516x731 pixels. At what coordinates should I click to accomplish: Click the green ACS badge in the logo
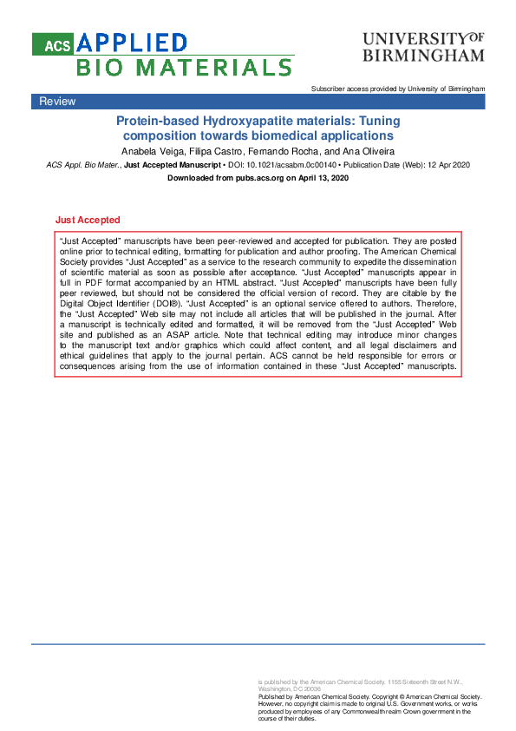53,43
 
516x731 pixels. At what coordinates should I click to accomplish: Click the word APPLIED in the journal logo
132,43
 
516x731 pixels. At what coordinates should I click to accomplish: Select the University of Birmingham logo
422,48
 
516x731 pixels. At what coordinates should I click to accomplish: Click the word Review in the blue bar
57,102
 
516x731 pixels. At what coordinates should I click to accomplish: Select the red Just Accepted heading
87,221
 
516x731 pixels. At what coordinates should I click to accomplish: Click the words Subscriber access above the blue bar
341,89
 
